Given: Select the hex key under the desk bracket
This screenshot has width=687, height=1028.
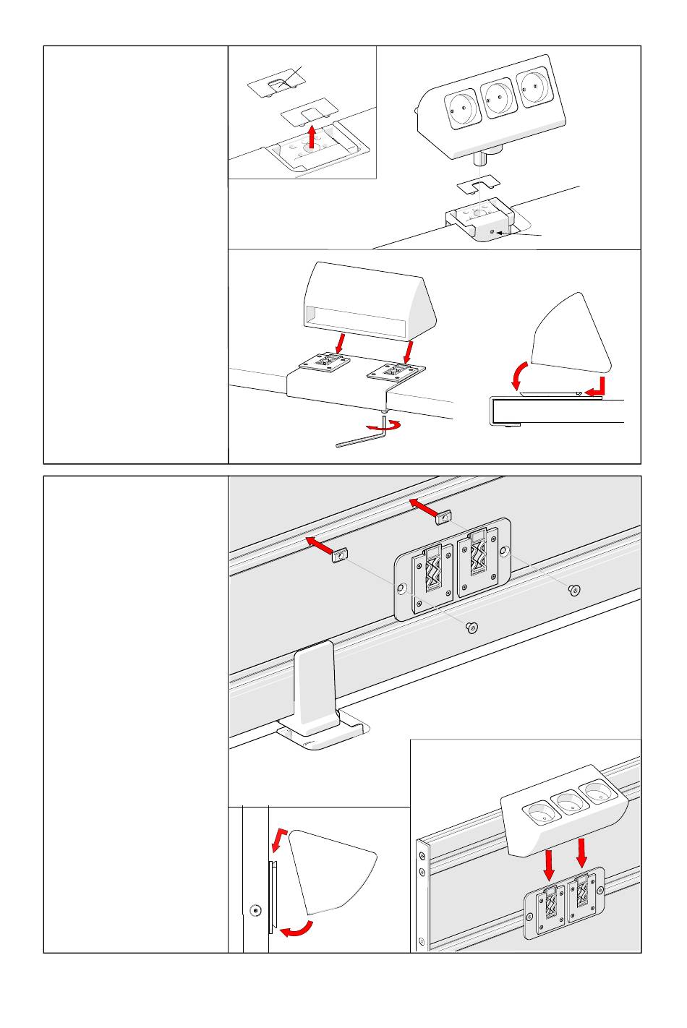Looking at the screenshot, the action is point(362,437).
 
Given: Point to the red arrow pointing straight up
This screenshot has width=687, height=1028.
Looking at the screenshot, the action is point(312,135).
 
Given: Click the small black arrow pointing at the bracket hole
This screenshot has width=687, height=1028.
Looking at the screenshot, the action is point(506,233).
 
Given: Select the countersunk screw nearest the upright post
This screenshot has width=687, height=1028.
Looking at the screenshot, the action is point(471,626).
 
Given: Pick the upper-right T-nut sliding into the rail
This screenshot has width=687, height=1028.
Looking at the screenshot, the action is point(445,516).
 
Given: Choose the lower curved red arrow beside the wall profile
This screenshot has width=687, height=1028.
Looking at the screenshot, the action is point(296,930).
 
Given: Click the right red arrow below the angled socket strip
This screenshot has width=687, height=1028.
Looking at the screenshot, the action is point(581,852).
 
